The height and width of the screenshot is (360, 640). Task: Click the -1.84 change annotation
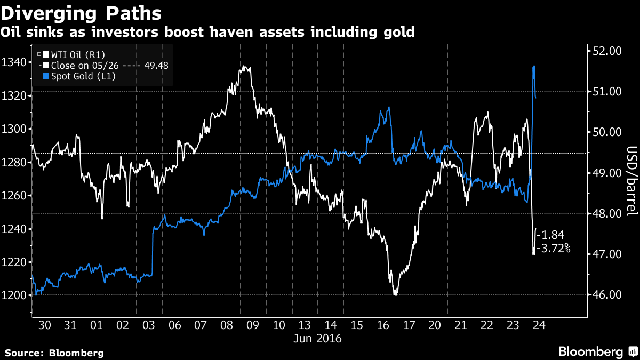click(x=549, y=235)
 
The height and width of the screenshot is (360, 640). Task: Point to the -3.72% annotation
click(x=553, y=248)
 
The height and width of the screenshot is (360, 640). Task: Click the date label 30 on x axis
click(x=45, y=324)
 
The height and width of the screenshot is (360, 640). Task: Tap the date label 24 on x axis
click(x=539, y=324)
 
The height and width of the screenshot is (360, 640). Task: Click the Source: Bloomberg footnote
click(x=54, y=353)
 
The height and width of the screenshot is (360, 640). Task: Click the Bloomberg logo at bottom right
click(x=597, y=351)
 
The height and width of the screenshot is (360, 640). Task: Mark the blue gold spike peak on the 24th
click(x=534, y=66)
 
